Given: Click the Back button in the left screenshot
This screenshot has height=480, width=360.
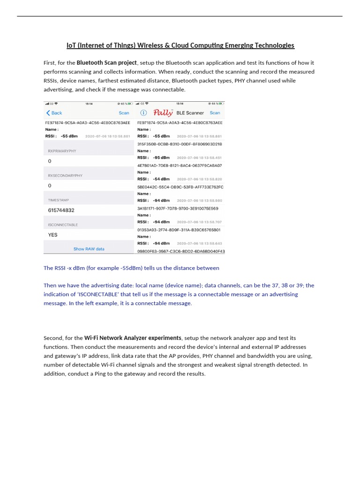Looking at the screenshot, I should (54, 113).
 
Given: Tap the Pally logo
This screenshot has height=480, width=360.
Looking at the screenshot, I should (163, 112).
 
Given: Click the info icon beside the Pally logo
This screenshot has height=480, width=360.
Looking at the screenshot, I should (143, 113).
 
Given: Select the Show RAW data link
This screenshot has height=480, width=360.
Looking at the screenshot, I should (89, 249).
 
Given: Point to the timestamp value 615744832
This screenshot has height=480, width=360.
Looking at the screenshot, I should (61, 210).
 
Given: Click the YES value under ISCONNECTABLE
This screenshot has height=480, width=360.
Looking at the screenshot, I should (52, 235).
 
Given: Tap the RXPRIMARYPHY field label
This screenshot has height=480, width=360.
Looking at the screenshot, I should (62, 151).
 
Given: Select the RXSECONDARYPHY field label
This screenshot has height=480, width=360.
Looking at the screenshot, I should (65, 175).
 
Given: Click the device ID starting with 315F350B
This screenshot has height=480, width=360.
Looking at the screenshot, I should (180, 144).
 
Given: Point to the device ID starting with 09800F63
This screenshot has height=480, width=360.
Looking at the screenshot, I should (181, 251).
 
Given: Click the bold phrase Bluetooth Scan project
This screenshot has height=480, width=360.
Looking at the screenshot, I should (107, 63).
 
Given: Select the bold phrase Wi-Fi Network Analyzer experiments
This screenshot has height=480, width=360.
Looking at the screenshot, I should (133, 338).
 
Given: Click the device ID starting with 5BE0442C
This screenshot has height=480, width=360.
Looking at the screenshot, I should (180, 187).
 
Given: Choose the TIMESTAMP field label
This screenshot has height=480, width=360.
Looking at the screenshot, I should (58, 200).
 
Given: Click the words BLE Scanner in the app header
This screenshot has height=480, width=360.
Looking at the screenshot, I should (190, 113).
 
